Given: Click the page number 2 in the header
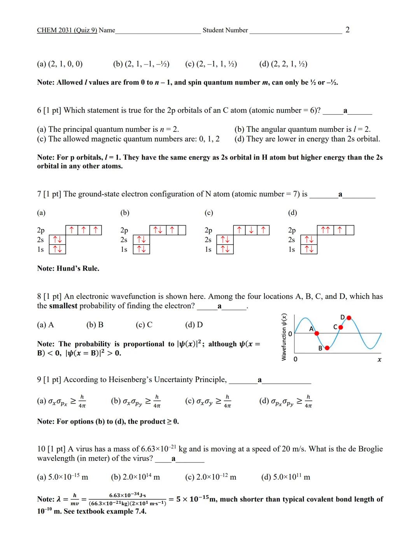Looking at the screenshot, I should click(347, 30).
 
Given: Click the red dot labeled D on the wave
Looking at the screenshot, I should click(349, 318).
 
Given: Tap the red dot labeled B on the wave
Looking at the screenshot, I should click(327, 348).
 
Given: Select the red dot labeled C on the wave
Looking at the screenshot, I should click(341, 327).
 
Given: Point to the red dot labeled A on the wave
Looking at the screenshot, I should click(317, 333).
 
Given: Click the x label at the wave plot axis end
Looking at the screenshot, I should click(380, 360).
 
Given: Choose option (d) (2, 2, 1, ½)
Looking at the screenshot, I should click(283, 64).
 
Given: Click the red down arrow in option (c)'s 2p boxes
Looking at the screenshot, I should click(252, 230).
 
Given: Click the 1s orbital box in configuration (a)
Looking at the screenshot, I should click(58, 249).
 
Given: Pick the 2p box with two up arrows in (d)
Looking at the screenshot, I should click(325, 230).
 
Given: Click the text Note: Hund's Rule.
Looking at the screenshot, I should click(68, 268).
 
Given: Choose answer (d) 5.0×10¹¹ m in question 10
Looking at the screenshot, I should click(285, 477).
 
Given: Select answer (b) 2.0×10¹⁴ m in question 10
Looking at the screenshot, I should click(135, 477).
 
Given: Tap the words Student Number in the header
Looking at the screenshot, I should click(225, 30).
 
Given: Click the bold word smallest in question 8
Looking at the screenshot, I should click(63, 306).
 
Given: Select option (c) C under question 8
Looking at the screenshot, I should click(144, 325).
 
